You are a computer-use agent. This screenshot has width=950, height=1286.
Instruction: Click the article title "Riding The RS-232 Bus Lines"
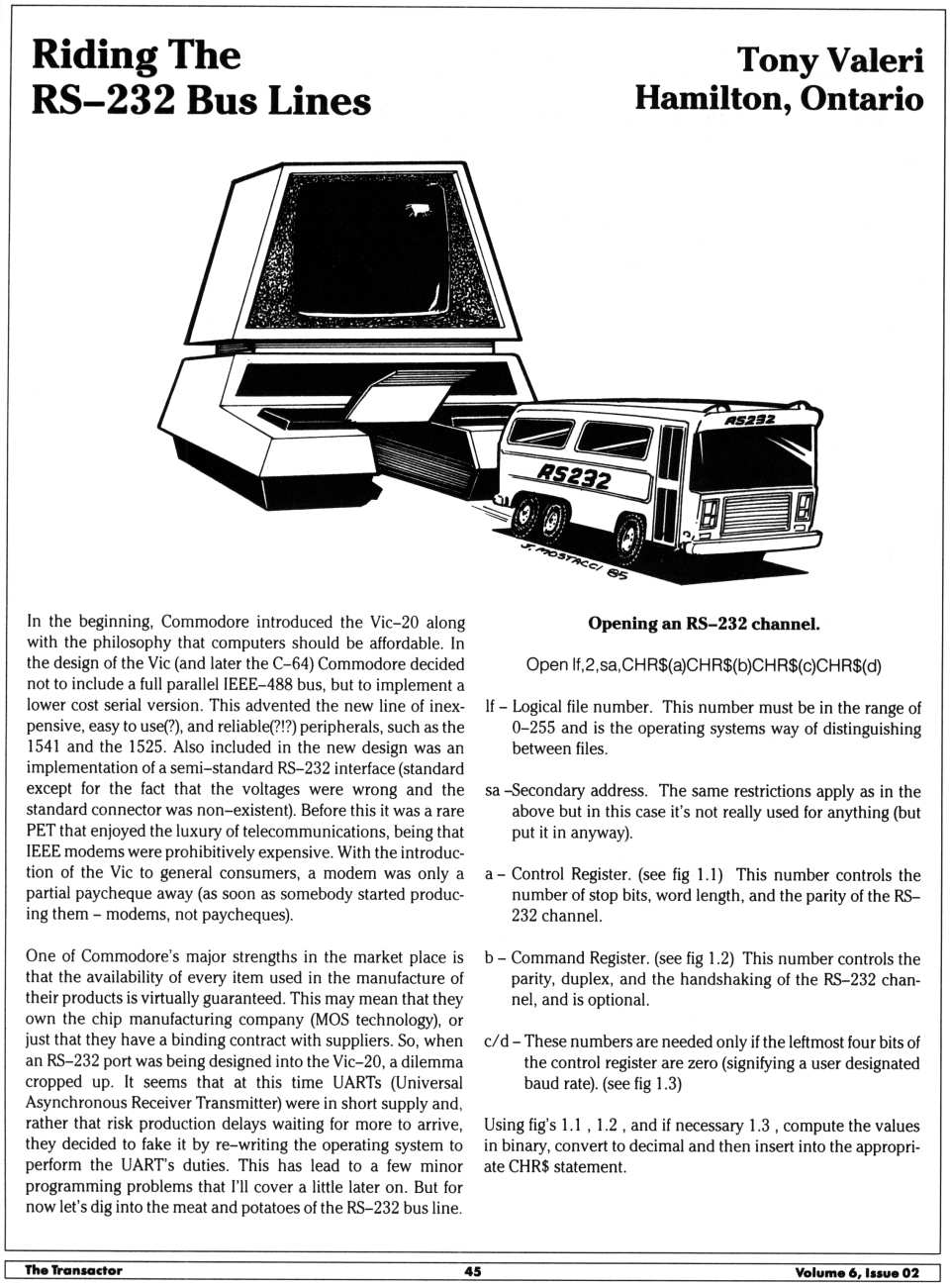pos(201,78)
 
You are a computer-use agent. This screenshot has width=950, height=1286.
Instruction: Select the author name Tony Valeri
pos(829,60)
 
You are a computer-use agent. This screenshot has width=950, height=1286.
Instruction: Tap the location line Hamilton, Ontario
pos(779,99)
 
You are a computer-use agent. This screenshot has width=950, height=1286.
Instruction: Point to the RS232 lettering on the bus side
pos(574,477)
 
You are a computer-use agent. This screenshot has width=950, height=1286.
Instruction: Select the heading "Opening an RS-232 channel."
pos(704,624)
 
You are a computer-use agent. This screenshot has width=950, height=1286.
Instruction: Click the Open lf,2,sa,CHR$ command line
pos(704,665)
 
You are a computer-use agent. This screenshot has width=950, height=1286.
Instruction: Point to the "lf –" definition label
pos(496,708)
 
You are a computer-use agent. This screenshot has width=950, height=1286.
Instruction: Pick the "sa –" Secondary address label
pos(495,791)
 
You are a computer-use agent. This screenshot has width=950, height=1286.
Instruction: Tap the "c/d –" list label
pos(502,1041)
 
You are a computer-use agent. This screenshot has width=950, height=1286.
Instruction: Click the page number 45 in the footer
pos(473,1271)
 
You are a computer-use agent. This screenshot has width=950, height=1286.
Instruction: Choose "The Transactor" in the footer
pos(73,1271)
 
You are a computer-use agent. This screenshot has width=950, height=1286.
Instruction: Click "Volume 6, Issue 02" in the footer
pos(857,1272)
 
